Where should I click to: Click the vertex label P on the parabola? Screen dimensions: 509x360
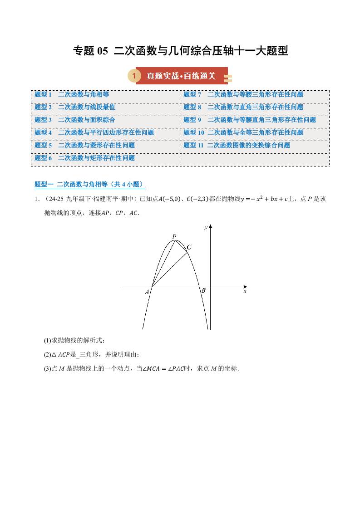pos(174,236)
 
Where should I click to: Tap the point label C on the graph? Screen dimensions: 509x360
pos(189,247)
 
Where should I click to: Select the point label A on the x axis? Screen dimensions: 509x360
pos(147,293)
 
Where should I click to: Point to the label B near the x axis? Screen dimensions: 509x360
pos(203,290)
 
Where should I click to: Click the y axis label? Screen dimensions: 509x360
pos(206,227)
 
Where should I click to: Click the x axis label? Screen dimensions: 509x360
pos(245,291)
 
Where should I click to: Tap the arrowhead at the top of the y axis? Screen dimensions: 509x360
pos(210,226)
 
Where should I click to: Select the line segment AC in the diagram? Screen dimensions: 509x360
pos(170,269)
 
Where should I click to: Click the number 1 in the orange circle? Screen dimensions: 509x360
pos(133,76)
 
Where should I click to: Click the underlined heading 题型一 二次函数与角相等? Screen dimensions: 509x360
pos(89,184)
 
